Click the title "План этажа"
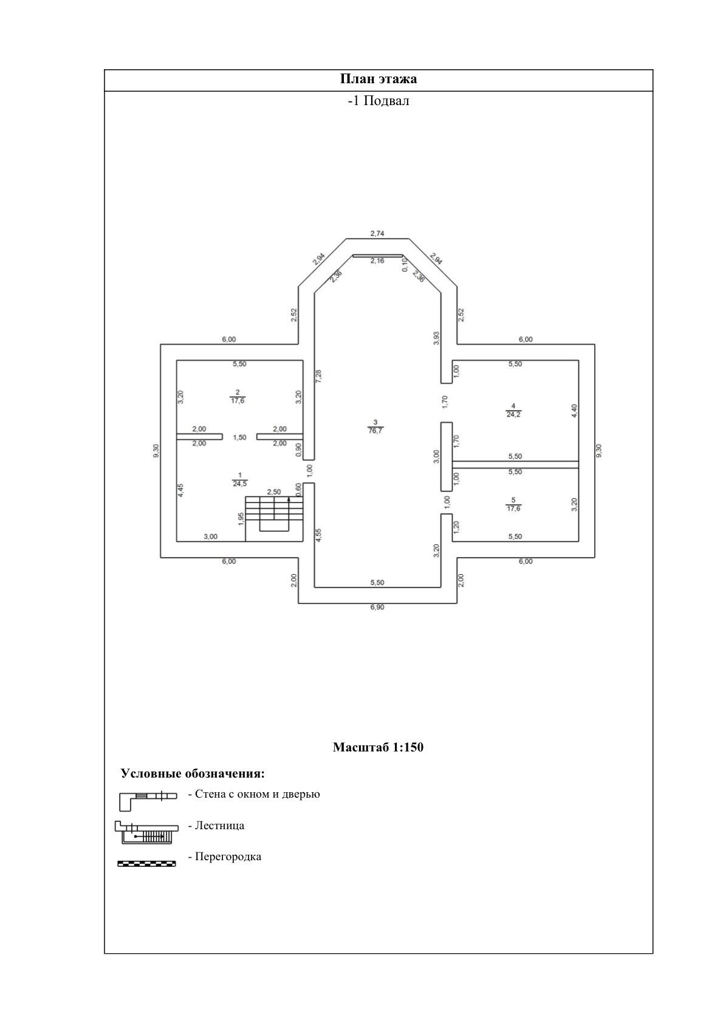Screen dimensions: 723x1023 [x=378, y=80]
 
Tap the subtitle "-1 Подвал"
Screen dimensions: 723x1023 [x=378, y=101]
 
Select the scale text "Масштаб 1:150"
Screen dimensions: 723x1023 [x=378, y=747]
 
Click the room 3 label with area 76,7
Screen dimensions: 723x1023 [x=375, y=426]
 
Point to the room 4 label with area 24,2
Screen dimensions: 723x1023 [x=513, y=410]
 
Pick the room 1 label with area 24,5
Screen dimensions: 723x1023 [x=240, y=479]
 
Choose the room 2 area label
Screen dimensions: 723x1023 [x=238, y=396]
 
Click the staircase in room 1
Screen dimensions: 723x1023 [x=274, y=518]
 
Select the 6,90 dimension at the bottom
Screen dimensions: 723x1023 [x=378, y=607]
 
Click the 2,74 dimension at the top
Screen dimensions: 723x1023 [x=378, y=233]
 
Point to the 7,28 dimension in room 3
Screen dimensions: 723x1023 [x=319, y=375]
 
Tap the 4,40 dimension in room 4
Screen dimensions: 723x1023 [x=574, y=411]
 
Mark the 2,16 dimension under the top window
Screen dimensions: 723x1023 [x=377, y=261]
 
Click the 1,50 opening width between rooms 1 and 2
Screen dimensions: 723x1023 [x=240, y=437]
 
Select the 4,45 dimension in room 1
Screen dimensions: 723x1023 [x=180, y=491]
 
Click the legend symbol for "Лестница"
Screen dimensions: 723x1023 [x=147, y=832]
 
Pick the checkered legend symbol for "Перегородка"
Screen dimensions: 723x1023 [x=146, y=863]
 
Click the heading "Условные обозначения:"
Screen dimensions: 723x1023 [x=193, y=773]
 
